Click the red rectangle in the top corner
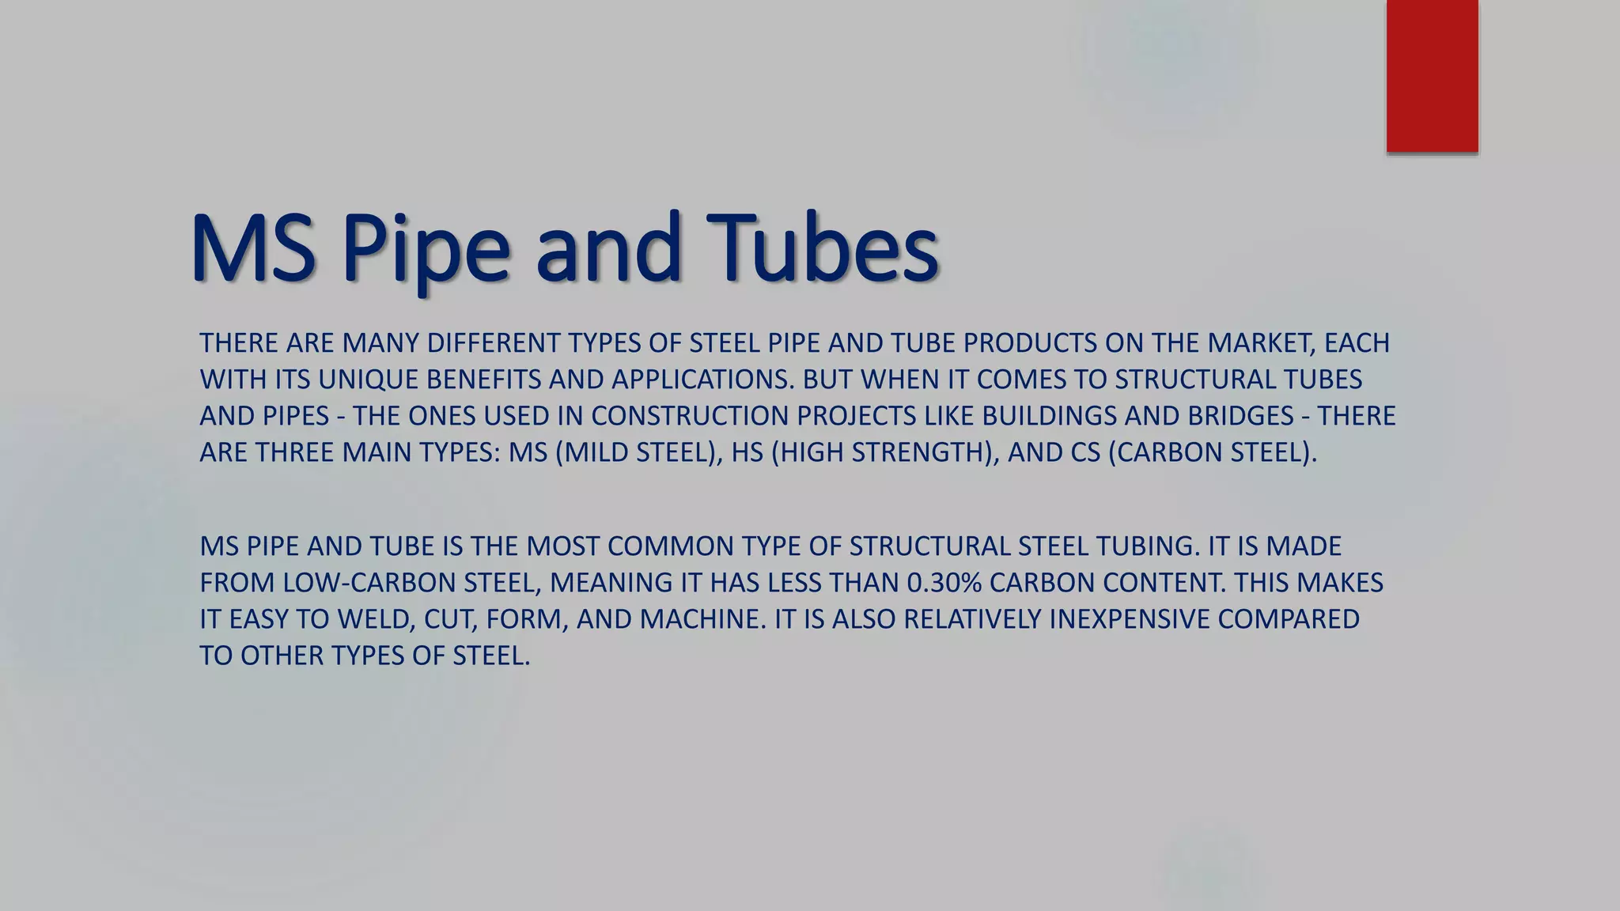(x=1432, y=76)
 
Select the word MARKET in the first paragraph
(x=1261, y=343)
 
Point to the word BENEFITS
(x=483, y=380)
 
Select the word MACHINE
(x=700, y=619)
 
